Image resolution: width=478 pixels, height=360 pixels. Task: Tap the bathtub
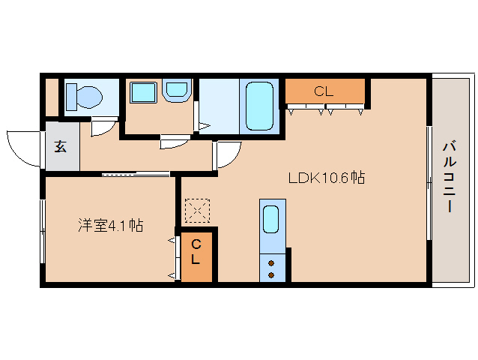tap(259, 106)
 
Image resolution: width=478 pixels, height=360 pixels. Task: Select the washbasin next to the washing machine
tap(178, 91)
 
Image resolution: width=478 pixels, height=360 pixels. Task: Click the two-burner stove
tap(272, 267)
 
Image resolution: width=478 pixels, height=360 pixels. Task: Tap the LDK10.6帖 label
tap(327, 178)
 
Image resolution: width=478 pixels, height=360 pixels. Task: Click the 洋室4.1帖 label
tap(112, 225)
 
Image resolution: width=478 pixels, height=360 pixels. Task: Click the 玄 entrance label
tap(60, 146)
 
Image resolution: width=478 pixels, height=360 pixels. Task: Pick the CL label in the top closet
tap(324, 91)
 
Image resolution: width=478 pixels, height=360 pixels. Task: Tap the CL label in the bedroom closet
tap(196, 252)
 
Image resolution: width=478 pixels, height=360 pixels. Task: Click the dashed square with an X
tap(197, 211)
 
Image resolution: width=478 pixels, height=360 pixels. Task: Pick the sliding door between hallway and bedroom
tap(135, 174)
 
